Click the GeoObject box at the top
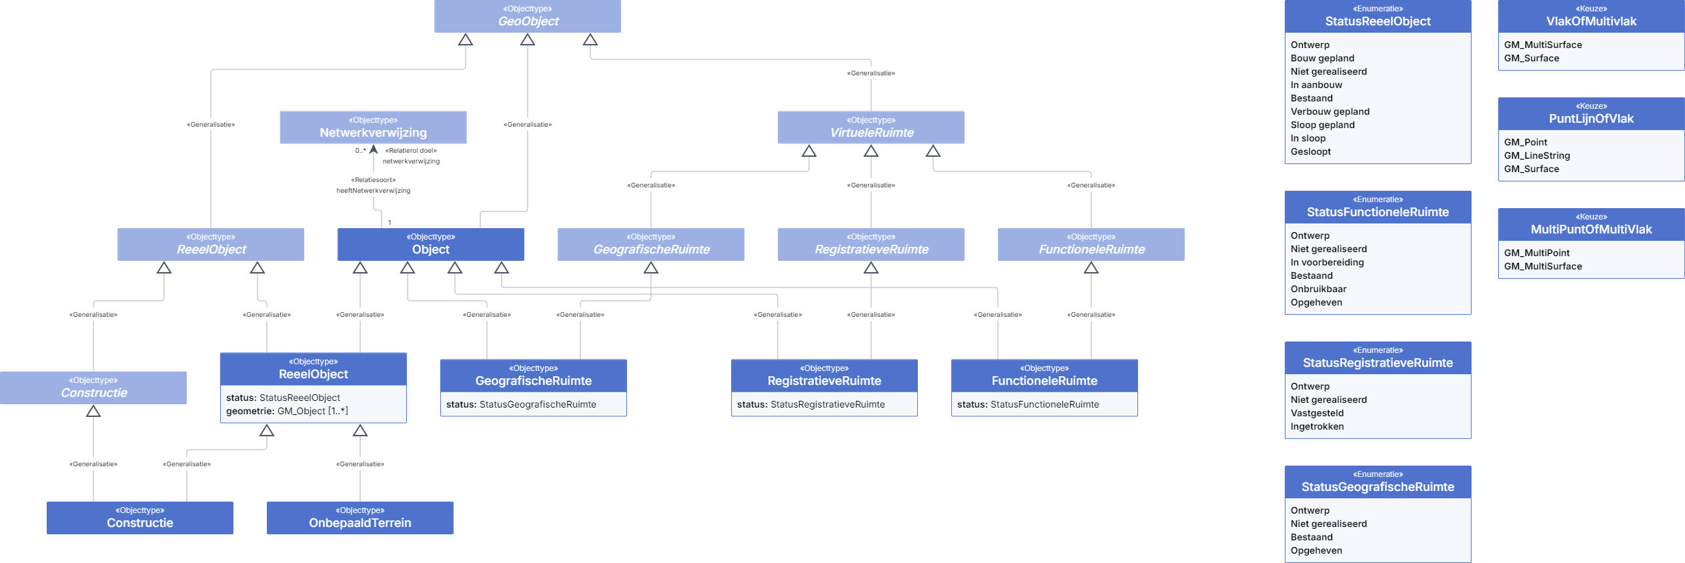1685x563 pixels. (528, 16)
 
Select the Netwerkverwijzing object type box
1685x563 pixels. (373, 127)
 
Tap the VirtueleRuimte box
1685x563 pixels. (871, 127)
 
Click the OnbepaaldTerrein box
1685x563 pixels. (360, 518)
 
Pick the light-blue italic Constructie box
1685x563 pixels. (93, 388)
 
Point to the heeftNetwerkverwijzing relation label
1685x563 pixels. (374, 191)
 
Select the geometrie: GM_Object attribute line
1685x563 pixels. (287, 411)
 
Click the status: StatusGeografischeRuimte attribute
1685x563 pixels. (521, 404)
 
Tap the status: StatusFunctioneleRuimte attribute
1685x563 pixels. (1028, 404)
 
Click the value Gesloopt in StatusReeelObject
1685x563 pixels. (1311, 151)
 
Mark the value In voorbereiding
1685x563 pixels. (1327, 262)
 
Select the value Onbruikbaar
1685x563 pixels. (1319, 289)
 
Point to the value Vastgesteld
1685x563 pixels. (1317, 413)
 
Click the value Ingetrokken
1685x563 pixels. (1317, 426)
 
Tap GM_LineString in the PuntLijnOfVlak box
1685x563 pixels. (1537, 155)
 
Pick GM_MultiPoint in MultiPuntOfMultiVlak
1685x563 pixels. (1537, 253)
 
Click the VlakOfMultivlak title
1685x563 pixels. (1592, 21)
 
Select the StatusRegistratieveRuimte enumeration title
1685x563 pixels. (1378, 363)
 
